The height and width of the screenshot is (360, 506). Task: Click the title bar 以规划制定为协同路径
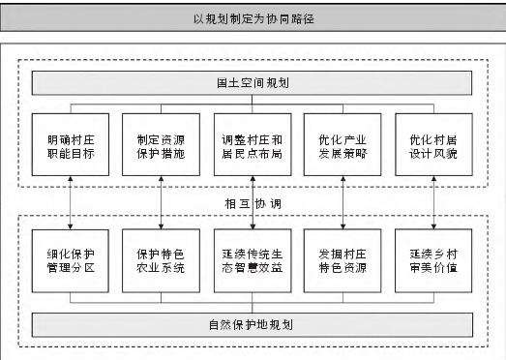tap(253, 18)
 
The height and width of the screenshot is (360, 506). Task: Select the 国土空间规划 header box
tap(253, 83)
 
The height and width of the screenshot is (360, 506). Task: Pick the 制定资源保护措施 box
tap(161, 146)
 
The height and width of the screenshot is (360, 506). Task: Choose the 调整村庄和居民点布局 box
tap(252, 146)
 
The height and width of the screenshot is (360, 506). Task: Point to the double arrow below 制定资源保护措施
tap(161, 202)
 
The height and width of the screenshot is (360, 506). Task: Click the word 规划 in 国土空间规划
tap(275, 83)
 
